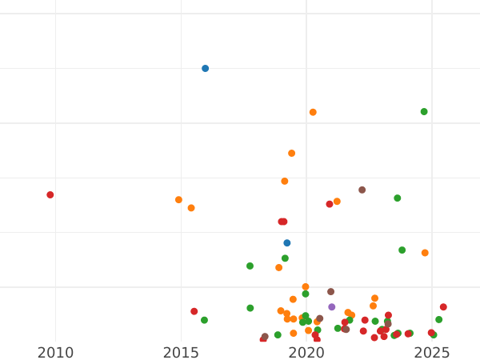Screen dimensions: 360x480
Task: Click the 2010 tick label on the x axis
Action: click(55, 353)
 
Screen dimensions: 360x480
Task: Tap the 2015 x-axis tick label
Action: click(181, 353)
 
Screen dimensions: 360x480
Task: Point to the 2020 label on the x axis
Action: click(306, 353)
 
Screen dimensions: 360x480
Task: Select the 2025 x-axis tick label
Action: click(432, 353)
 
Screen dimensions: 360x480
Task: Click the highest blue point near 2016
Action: click(205, 69)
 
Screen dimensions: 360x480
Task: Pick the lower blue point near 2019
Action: click(287, 243)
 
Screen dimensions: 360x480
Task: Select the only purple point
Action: click(332, 307)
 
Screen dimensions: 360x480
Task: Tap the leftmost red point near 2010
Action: click(50, 195)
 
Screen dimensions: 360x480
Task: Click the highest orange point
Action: click(313, 113)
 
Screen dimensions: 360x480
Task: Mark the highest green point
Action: click(424, 112)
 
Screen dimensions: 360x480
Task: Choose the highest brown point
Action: click(362, 190)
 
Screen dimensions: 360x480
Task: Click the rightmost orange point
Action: click(425, 253)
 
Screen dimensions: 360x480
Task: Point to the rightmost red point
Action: click(443, 307)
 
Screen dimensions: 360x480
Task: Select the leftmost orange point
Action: click(178, 200)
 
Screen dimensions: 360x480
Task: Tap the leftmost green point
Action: click(204, 320)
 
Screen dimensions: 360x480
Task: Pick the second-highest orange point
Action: click(292, 154)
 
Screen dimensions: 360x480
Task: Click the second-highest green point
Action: click(398, 198)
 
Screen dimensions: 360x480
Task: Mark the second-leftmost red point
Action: click(194, 311)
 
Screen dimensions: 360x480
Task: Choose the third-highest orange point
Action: click(285, 182)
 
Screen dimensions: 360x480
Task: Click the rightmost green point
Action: click(438, 320)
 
